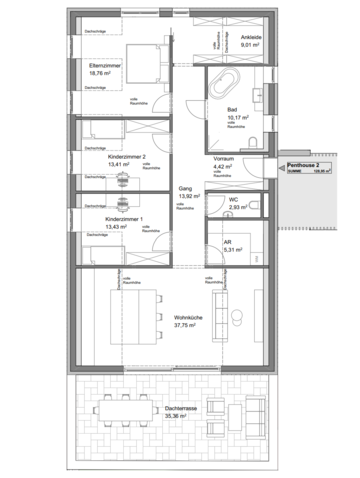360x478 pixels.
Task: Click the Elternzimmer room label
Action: tap(105, 64)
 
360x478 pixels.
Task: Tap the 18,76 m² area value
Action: tap(103, 73)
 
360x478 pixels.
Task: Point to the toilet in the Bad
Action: tap(257, 139)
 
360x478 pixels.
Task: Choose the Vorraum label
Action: tap(223, 159)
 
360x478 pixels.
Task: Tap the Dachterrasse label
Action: tap(169, 409)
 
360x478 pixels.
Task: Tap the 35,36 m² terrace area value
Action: tap(169, 418)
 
